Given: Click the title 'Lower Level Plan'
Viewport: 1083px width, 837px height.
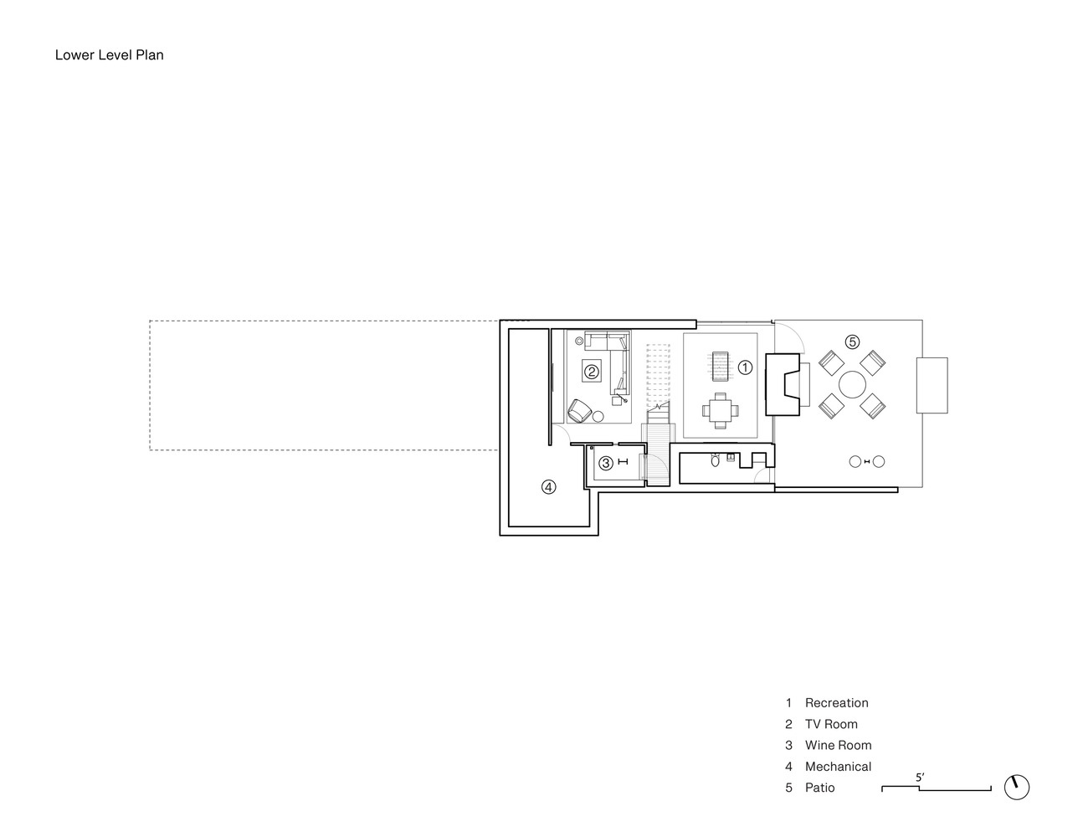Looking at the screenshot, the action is (109, 54).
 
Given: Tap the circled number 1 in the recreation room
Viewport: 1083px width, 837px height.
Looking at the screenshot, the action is (745, 367).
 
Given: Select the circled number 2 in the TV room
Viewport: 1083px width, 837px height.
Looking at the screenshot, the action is (592, 372).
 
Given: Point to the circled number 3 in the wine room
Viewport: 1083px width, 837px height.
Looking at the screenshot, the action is (606, 464).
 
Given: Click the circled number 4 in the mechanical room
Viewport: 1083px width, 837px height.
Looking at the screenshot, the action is (549, 487).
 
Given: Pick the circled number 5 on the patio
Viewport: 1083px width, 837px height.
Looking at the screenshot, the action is (852, 341).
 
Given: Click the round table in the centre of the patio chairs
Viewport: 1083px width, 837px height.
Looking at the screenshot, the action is (852, 385).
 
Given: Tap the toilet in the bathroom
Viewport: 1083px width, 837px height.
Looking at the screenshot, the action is (716, 460).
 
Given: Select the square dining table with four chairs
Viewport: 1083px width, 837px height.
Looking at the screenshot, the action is (720, 410).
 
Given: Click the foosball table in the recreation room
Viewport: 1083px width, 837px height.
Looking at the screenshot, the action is (720, 367).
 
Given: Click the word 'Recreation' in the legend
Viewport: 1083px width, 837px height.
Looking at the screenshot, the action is (837, 703).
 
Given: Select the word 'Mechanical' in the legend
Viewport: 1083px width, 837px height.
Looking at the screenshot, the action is (839, 766).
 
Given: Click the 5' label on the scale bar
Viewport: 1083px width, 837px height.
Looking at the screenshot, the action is (920, 778).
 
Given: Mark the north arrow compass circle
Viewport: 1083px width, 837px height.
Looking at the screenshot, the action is (1017, 787).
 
